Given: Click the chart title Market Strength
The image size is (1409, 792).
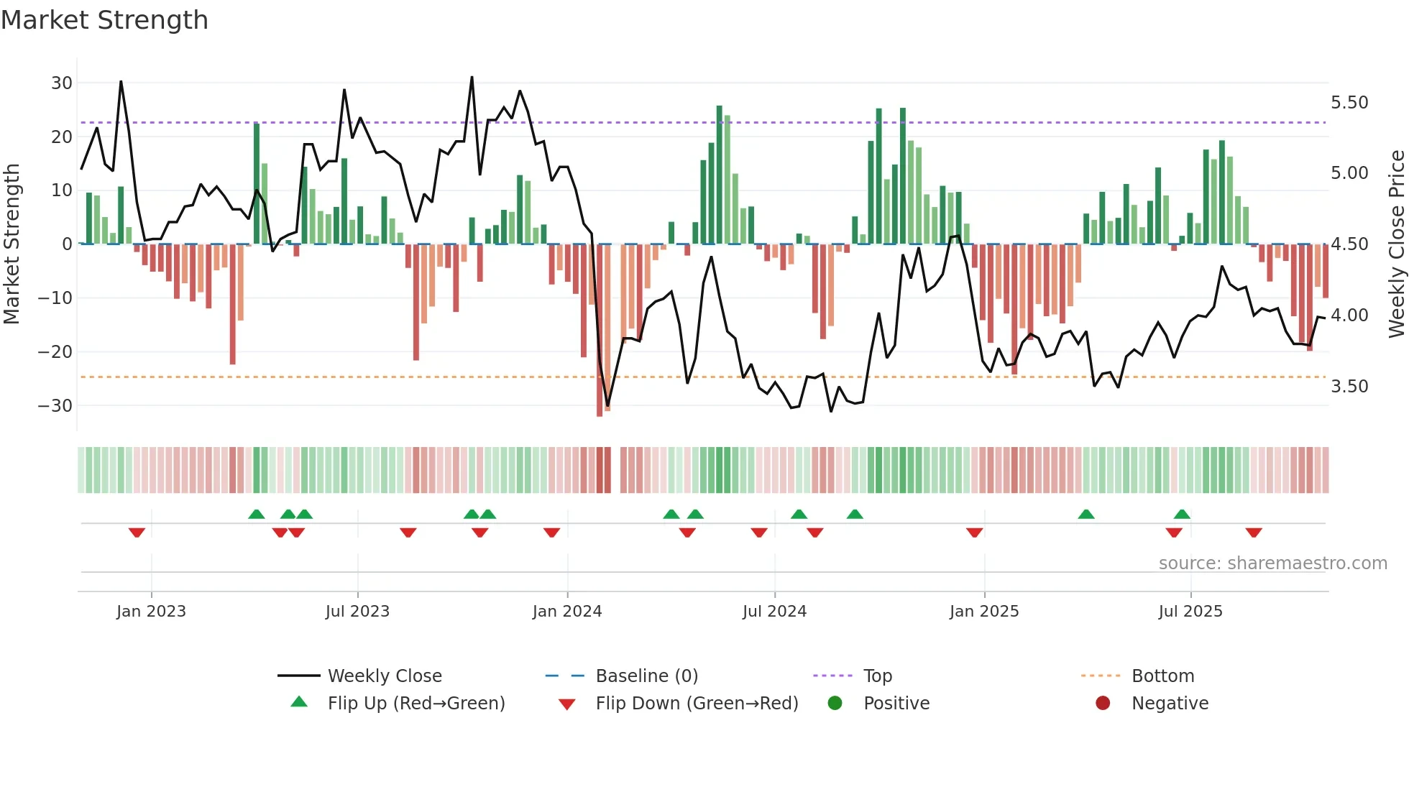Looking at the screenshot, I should click(x=104, y=20).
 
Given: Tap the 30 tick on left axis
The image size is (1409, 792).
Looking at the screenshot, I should click(x=62, y=83).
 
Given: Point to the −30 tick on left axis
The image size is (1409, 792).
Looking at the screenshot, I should click(x=56, y=405).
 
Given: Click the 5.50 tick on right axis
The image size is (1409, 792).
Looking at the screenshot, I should click(x=1349, y=103).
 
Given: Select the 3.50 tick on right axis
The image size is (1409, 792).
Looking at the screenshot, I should click(x=1349, y=387).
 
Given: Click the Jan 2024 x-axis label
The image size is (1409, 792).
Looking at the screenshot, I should click(x=567, y=612).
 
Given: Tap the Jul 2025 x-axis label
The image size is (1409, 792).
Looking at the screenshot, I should click(x=1190, y=612).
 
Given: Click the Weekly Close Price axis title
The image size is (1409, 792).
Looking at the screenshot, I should click(x=1397, y=244).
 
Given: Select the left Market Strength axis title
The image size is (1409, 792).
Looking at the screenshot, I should click(x=12, y=244).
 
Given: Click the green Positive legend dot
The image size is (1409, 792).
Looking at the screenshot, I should click(x=835, y=703).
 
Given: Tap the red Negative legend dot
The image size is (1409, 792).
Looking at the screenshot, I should click(x=1103, y=703).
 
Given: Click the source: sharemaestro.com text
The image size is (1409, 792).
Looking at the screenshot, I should click(x=1272, y=563).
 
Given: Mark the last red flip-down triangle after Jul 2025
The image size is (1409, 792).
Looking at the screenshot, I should click(x=1254, y=533).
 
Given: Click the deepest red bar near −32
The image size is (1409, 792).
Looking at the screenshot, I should click(x=600, y=331).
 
